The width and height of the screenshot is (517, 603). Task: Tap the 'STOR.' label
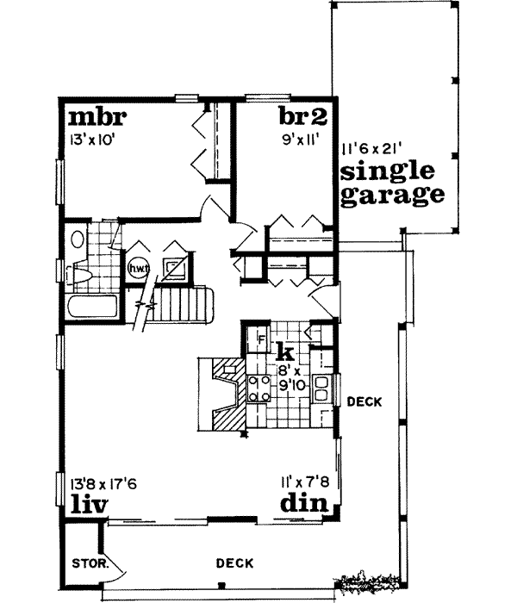coord(84,565)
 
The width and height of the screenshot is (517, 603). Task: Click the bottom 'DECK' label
coord(234,563)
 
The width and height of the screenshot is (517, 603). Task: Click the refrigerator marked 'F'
coord(256,338)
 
